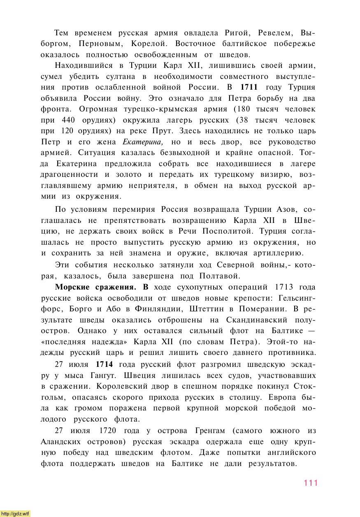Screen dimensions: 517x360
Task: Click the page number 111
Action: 311,483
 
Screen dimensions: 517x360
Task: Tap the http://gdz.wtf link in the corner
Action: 15,513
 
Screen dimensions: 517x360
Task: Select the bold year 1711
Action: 249,87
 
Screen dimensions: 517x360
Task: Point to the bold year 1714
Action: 104,364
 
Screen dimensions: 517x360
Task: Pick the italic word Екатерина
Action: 143,142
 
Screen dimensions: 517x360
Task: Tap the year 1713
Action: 283,287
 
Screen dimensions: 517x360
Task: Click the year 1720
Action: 108,431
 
